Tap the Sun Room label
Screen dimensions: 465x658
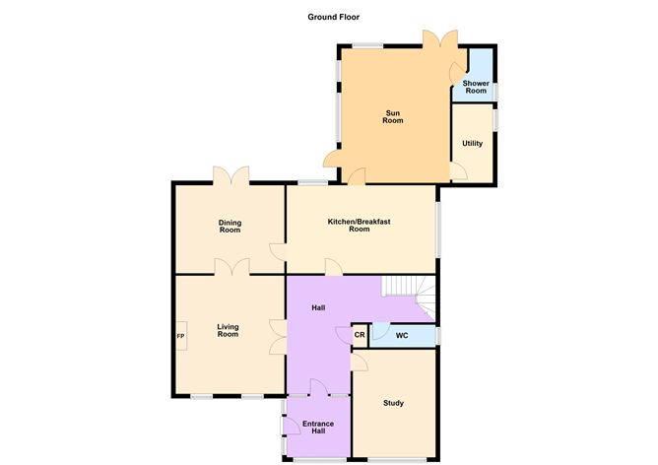point(393,117)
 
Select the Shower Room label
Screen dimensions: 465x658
point(476,87)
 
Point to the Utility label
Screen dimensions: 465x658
point(473,144)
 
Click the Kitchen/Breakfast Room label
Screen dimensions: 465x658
point(360,225)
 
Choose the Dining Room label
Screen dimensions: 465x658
point(230,226)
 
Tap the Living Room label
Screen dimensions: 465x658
point(228,331)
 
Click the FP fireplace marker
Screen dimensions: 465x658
point(180,336)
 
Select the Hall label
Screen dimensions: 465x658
point(318,308)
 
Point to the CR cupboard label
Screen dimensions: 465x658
point(360,336)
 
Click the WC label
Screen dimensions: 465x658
point(402,336)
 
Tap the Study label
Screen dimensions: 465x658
point(394,403)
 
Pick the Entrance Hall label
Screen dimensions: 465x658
point(317,427)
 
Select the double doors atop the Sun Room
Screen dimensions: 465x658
point(438,39)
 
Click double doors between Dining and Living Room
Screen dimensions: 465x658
point(232,267)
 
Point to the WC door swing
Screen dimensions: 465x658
point(378,332)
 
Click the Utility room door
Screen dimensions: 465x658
point(458,171)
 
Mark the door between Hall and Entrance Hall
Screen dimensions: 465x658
point(317,387)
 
